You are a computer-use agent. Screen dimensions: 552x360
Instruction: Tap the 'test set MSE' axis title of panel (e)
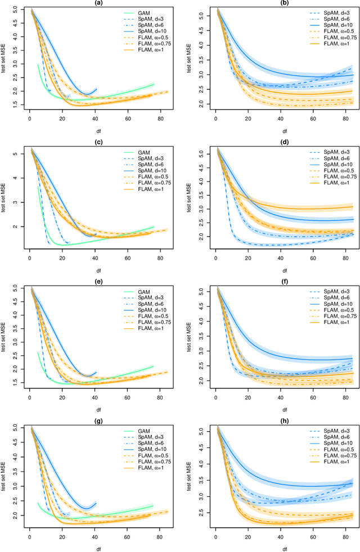[6, 336]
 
